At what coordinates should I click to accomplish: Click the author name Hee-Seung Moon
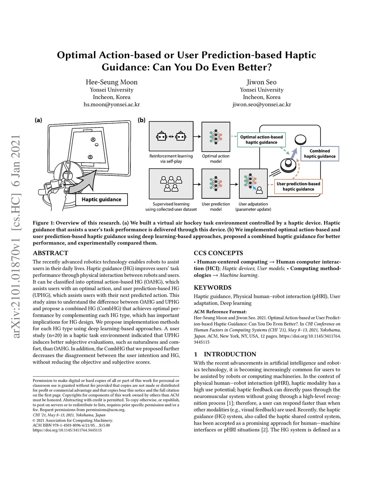[111, 82]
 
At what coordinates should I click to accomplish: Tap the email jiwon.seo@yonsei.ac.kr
[262, 104]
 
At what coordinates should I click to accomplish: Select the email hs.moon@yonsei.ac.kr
[111, 104]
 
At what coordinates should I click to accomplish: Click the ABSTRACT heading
[51, 253]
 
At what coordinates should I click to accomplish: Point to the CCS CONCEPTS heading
[218, 253]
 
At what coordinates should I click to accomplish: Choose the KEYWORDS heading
[212, 288]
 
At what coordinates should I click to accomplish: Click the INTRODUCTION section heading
[229, 354]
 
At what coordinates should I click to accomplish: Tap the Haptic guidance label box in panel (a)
[101, 199]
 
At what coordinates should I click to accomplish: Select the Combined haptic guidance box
[319, 153]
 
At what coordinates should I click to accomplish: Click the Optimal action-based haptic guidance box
[261, 140]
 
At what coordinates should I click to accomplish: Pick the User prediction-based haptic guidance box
[298, 186]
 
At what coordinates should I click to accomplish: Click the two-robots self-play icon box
[171, 137]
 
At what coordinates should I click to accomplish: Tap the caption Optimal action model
[216, 159]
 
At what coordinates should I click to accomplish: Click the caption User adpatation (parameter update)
[253, 207]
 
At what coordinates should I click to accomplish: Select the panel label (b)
[142, 120]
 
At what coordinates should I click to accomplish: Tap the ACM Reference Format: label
[220, 312]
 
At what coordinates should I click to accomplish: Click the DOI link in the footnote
[67, 430]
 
